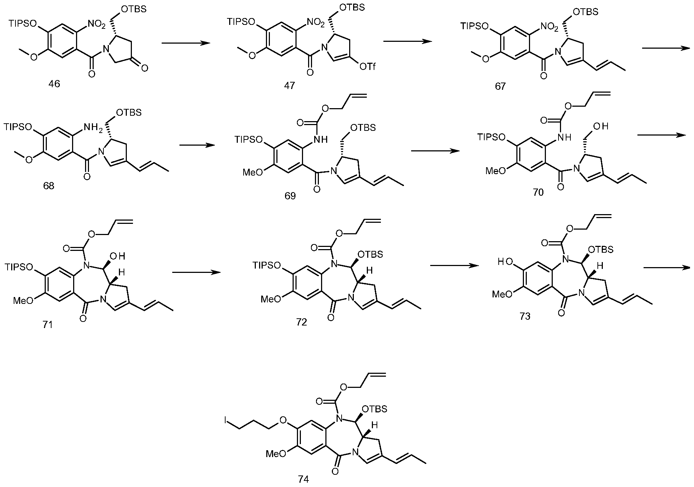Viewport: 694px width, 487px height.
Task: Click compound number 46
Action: tap(54, 84)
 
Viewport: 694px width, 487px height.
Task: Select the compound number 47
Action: tap(289, 86)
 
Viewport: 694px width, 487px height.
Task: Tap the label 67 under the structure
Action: tap(500, 87)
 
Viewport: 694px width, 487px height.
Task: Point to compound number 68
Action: tap(49, 186)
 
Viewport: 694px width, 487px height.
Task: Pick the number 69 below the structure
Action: tap(290, 196)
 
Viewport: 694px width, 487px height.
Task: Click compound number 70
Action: tap(538, 193)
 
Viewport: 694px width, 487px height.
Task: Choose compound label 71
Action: tap(47, 325)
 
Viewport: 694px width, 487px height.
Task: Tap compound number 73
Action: tap(525, 317)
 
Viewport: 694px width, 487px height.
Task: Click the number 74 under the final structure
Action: tap(304, 479)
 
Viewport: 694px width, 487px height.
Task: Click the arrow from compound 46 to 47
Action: tap(186, 43)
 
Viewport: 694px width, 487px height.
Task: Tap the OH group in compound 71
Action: tap(119, 257)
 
